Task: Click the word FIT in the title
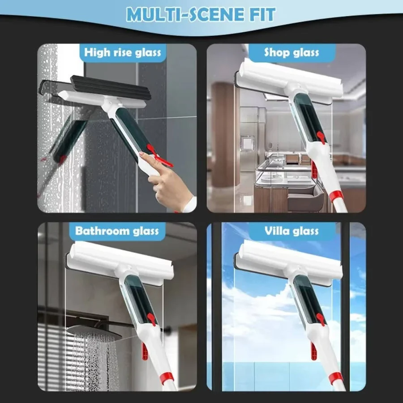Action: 261,15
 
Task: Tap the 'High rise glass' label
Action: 122,53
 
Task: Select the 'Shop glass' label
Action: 292,53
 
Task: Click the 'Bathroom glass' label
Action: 117,231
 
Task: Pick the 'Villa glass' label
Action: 292,231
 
